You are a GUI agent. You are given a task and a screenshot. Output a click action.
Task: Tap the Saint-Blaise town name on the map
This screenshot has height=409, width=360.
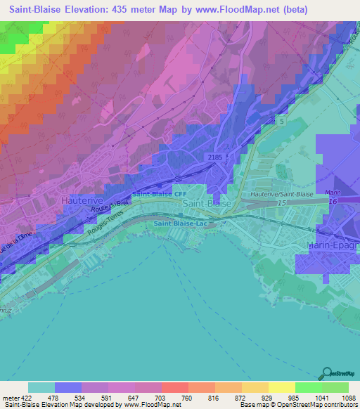207,203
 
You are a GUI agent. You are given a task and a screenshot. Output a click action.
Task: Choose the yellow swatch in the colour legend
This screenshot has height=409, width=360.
255,387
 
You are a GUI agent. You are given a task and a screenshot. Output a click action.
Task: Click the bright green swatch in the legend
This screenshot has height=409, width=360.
308,387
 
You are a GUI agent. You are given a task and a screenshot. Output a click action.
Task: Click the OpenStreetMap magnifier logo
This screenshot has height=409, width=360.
327,372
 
